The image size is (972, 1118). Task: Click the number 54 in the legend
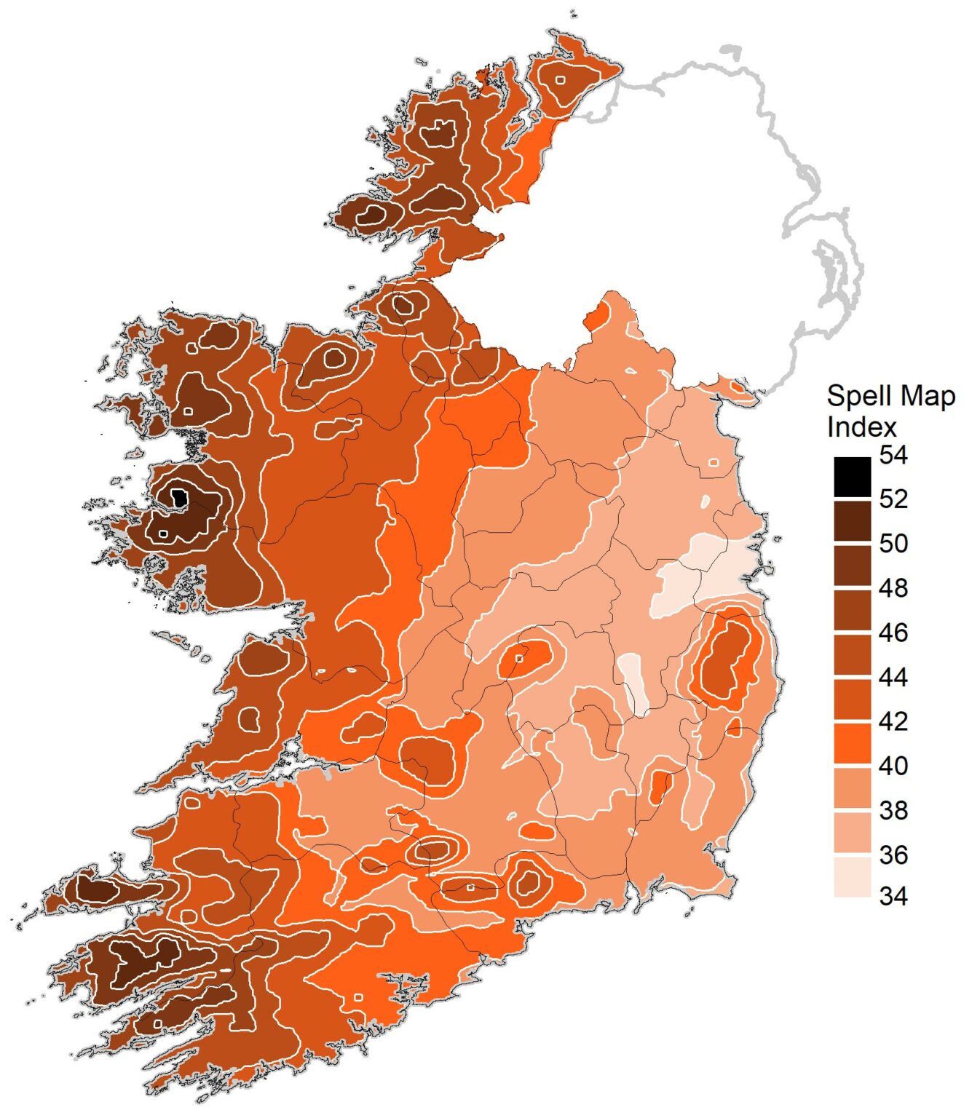tap(893, 456)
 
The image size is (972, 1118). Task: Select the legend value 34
tap(893, 896)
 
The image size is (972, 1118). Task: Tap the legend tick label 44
tap(893, 678)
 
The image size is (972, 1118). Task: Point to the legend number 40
tap(893, 766)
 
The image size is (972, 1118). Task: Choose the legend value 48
tap(893, 588)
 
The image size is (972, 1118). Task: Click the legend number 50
tap(893, 544)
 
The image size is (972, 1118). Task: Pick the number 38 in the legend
tap(893, 810)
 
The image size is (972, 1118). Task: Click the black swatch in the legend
tap(852, 477)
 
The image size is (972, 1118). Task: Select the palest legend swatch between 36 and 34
tap(852, 876)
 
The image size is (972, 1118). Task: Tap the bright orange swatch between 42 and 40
tap(852, 743)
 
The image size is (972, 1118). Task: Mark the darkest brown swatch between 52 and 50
tap(852, 521)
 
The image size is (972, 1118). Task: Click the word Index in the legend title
tap(861, 427)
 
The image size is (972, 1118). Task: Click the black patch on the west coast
tap(179, 499)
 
